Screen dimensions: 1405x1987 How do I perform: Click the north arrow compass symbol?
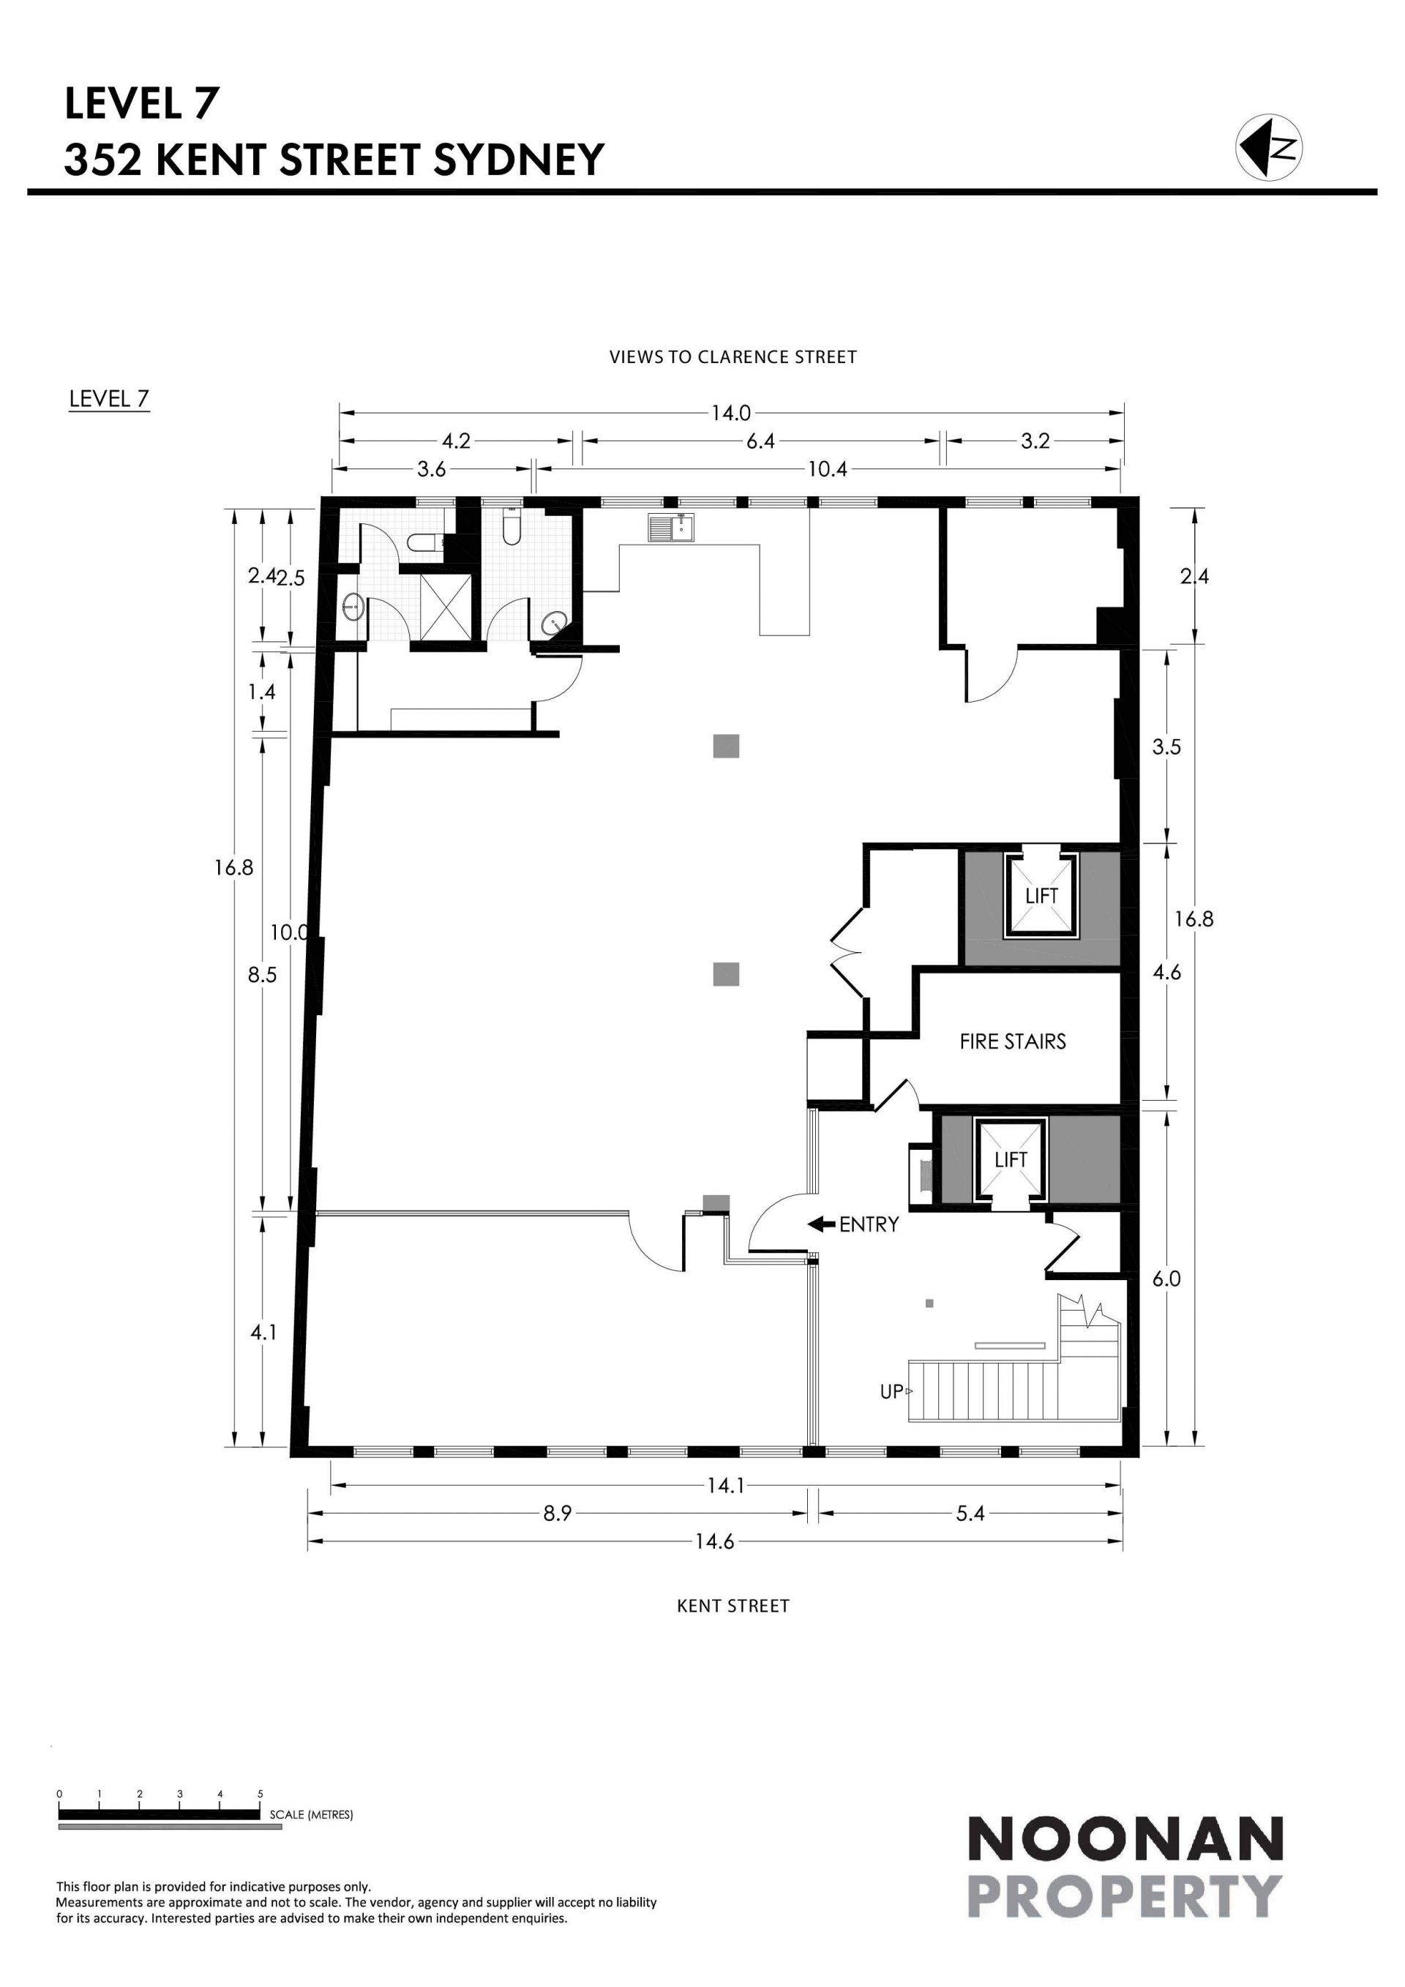pos(1269,148)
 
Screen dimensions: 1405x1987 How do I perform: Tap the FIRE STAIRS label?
pos(1012,1041)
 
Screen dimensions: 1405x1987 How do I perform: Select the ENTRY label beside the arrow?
pos(869,1224)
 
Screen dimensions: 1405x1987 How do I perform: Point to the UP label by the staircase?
pos(891,1391)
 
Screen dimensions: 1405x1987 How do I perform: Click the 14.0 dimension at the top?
pos(731,413)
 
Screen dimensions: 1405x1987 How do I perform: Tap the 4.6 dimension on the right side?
pos(1166,973)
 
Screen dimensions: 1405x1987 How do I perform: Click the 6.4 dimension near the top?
pos(760,441)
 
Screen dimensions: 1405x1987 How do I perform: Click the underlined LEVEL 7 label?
pos(109,399)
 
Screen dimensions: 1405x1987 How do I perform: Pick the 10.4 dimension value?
pos(827,470)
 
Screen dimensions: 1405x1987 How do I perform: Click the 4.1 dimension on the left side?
pos(263,1333)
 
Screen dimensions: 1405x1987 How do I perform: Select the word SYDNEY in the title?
pos(518,160)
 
